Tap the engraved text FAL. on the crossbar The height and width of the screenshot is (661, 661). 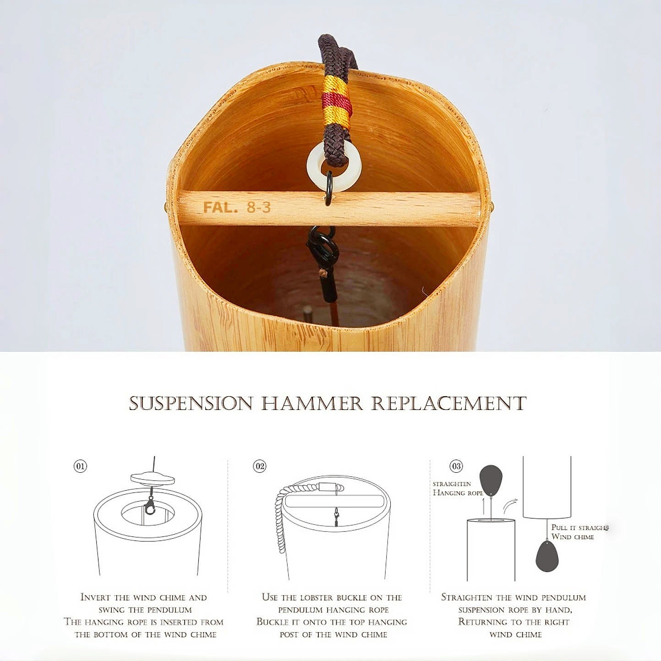point(220,207)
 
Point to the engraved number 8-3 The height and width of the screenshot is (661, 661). point(259,207)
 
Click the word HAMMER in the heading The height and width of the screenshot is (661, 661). point(312,403)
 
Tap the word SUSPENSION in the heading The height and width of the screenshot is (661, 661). point(191,403)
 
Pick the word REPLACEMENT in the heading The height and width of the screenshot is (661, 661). point(449,403)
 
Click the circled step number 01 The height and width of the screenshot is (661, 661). point(80,466)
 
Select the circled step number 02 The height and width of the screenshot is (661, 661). point(260,466)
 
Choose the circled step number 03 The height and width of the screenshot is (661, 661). point(456,466)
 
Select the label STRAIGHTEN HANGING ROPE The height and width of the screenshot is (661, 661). point(458,488)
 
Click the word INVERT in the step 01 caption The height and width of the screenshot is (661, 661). point(96,597)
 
